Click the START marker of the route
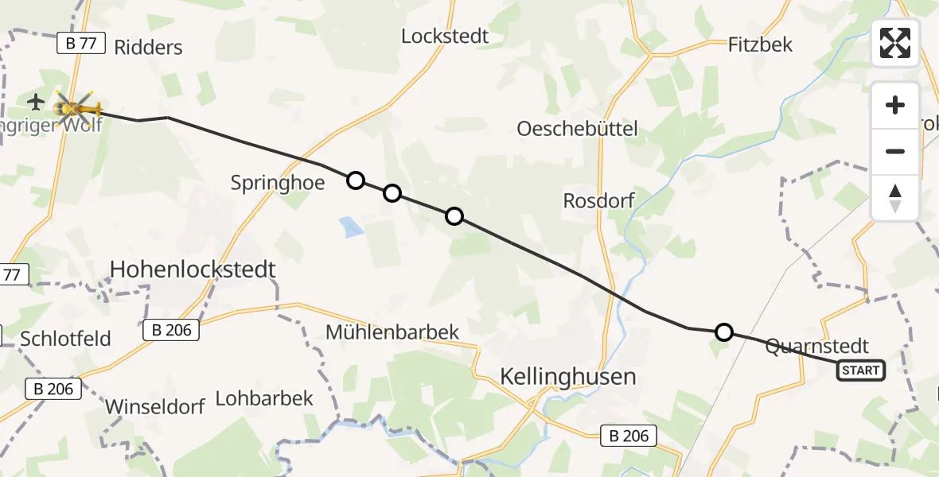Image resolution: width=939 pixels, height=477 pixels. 861,370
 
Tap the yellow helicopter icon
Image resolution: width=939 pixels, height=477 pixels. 77,105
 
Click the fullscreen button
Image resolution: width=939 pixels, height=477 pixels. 895,43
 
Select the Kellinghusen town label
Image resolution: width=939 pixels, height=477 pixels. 568,376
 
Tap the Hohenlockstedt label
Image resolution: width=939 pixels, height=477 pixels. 193,270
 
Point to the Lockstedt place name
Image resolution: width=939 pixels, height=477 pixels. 445,37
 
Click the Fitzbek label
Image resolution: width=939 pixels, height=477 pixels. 760,45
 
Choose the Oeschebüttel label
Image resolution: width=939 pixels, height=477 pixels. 577,128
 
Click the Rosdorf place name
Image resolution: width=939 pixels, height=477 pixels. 598,200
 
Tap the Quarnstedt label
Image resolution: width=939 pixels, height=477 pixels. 816,347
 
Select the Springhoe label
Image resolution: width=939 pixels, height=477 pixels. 278,183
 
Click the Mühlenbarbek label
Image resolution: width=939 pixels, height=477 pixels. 392,332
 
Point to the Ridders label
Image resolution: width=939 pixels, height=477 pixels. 148,47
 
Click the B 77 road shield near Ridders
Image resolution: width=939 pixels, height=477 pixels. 82,43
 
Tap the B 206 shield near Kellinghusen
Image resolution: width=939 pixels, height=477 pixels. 629,436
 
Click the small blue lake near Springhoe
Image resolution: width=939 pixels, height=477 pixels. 351,228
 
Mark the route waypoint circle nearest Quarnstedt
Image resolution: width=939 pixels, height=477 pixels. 723,332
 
